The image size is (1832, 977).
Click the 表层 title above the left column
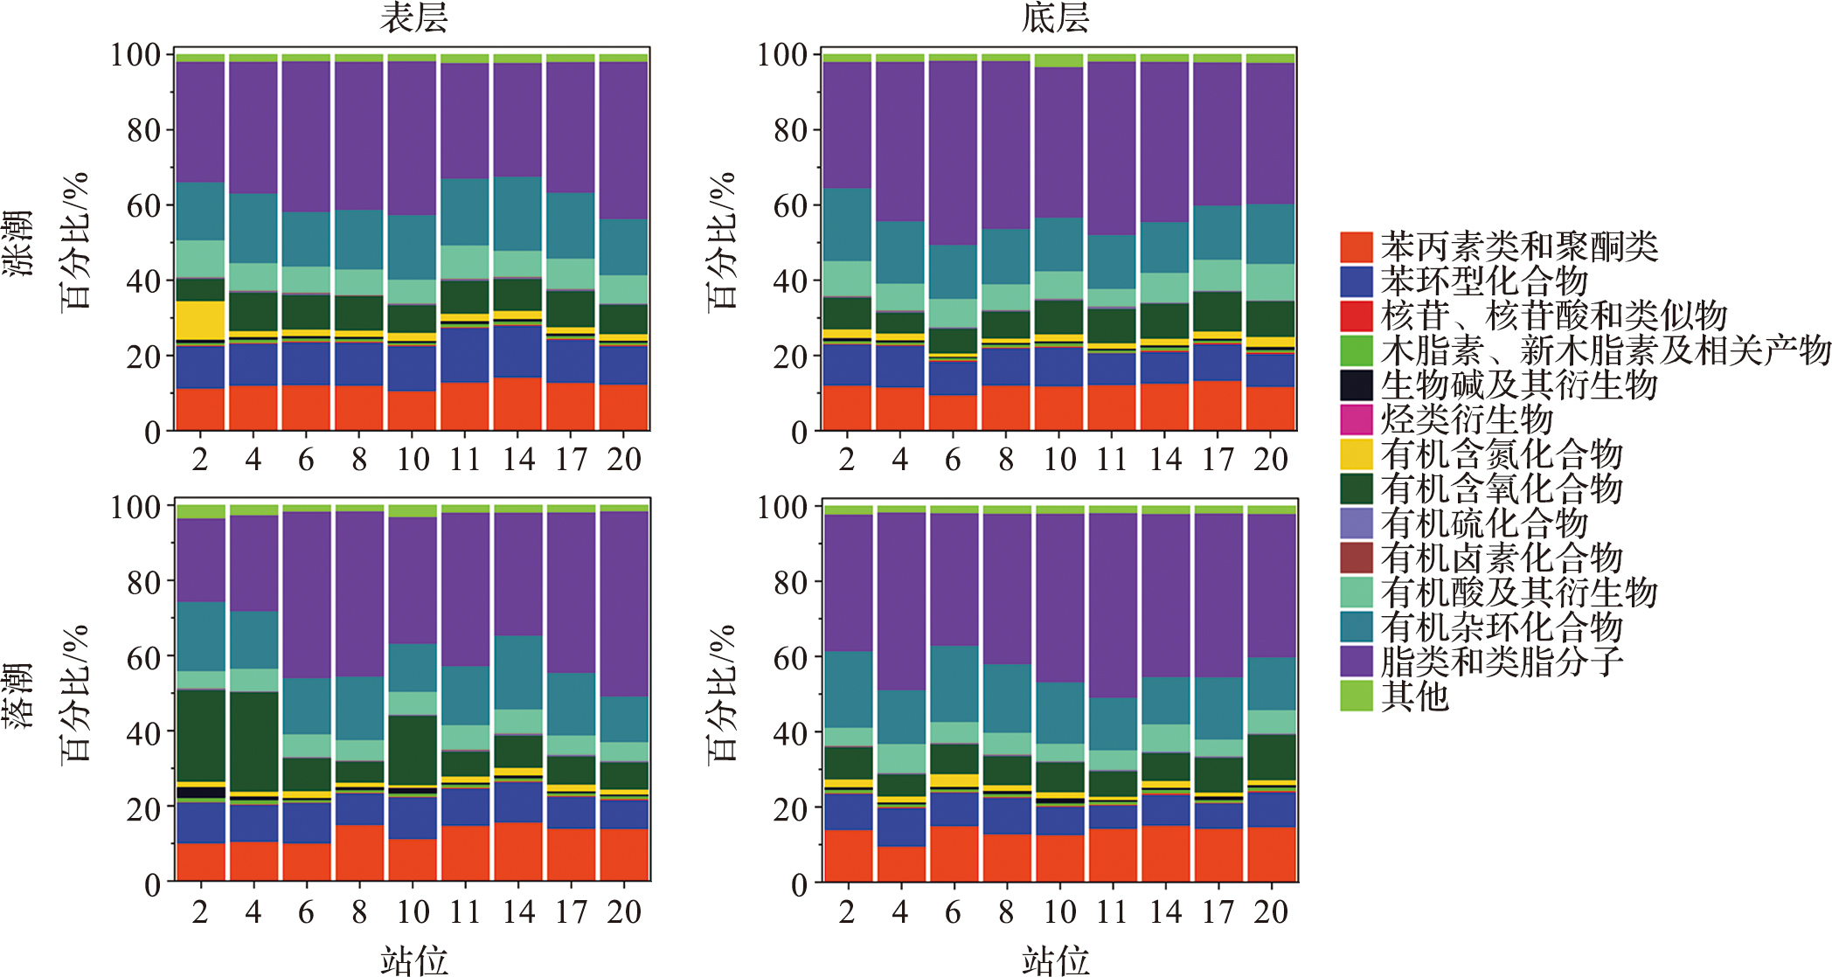coord(413,17)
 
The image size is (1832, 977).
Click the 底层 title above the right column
coord(1055,17)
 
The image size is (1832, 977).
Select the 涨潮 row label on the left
coord(17,243)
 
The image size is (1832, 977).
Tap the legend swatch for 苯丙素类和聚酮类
coord(1356,247)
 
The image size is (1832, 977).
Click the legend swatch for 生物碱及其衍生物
coord(1356,385)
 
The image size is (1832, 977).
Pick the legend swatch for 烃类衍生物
coord(1356,419)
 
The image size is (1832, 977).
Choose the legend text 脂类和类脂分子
coord(1502,662)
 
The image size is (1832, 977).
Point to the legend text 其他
coord(1414,696)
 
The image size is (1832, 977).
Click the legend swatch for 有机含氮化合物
coord(1356,454)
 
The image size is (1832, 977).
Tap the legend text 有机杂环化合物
coord(1502,627)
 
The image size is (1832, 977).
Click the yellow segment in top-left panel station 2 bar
coord(200,320)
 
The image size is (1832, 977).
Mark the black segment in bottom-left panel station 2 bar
coord(200,793)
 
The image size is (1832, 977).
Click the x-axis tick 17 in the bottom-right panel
coord(1218,911)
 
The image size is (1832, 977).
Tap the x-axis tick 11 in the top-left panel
coord(464,459)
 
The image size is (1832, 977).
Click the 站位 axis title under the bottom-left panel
coord(413,960)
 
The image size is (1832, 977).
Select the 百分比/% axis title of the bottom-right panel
coord(722,695)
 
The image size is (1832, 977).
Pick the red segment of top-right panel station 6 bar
coord(953,412)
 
